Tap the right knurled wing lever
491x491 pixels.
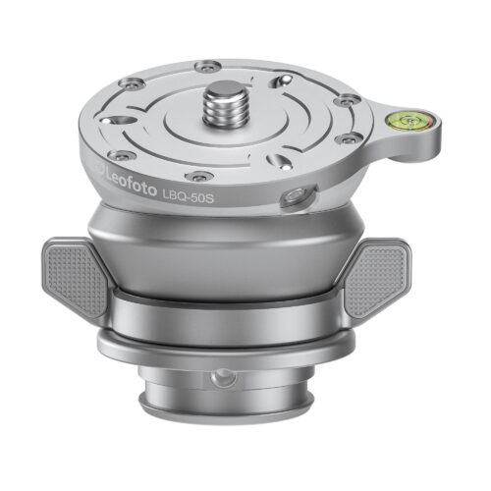375,279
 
